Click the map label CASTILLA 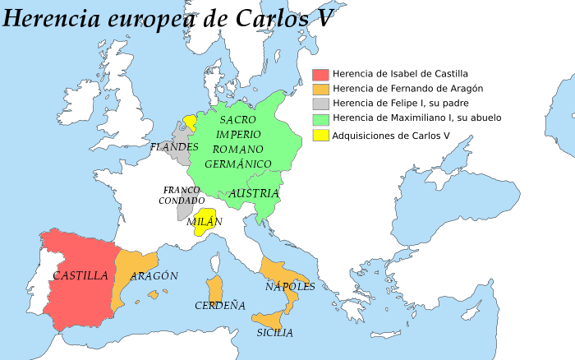tap(80, 276)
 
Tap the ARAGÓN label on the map tap(154, 276)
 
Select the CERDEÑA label tap(220, 306)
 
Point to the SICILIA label tap(274, 333)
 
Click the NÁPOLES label tap(290, 287)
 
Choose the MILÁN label tap(205, 222)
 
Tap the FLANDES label tap(174, 147)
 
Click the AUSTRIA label tap(255, 193)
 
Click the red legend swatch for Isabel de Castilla tap(320, 74)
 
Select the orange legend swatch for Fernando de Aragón tap(320, 89)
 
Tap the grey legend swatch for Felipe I tap(320, 104)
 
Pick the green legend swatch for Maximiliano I tap(320, 118)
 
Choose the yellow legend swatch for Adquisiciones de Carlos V tap(320, 136)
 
